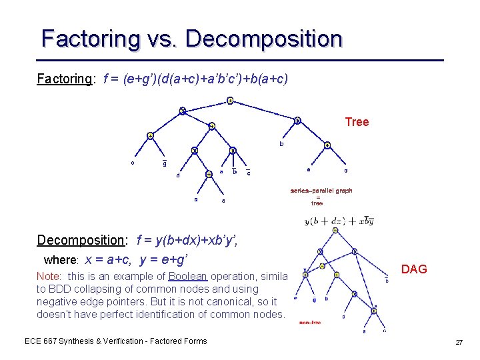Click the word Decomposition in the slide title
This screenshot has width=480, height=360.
click(x=264, y=39)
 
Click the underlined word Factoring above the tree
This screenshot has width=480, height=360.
click(x=64, y=79)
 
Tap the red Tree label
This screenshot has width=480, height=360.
click(x=357, y=122)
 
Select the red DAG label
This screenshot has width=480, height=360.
click(x=414, y=269)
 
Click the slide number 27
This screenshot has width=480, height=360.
click(x=458, y=342)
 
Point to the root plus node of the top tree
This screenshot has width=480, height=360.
click(x=229, y=101)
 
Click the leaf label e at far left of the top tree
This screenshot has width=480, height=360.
click(x=132, y=162)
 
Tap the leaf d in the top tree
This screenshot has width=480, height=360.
click(x=177, y=176)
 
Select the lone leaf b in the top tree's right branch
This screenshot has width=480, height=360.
click(x=281, y=144)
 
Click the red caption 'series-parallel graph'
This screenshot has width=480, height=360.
click(x=321, y=191)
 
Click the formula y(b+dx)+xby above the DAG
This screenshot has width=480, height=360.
click(x=339, y=221)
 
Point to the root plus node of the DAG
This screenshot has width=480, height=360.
click(x=335, y=231)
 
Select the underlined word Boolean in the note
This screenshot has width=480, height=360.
click(x=187, y=276)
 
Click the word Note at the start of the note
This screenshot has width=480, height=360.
click(x=48, y=276)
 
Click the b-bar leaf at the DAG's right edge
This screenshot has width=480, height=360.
click(x=387, y=281)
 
